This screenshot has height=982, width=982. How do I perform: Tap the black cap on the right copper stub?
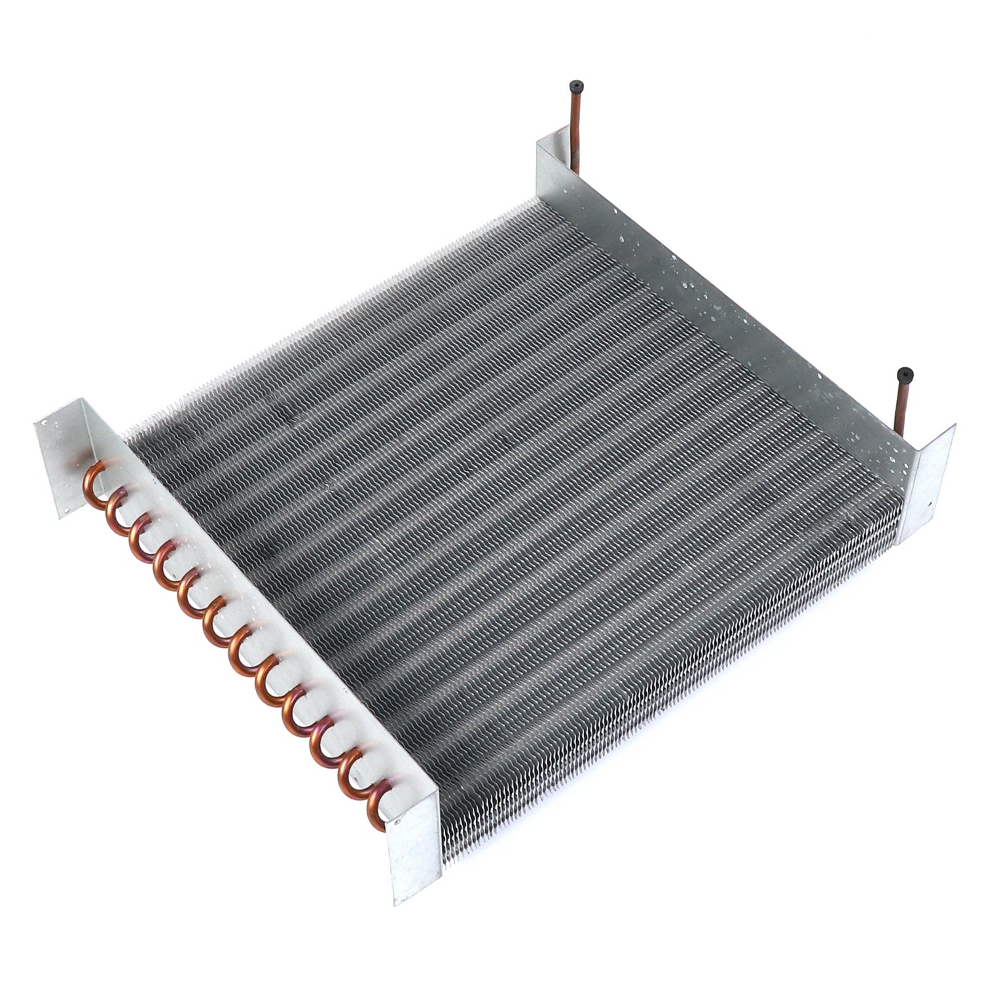tap(905, 372)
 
